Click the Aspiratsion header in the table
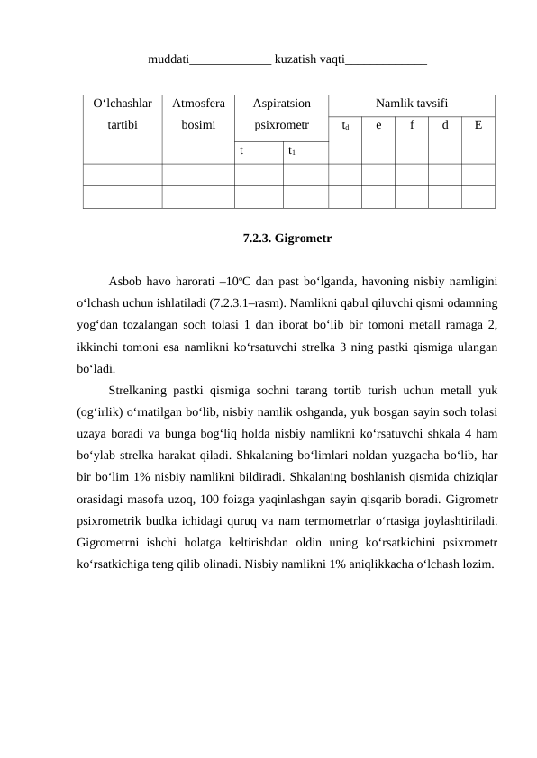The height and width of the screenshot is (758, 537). click(x=281, y=104)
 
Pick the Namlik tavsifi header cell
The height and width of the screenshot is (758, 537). click(x=412, y=104)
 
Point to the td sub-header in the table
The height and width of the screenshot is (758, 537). click(x=345, y=126)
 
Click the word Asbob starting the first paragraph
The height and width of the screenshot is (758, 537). click(x=124, y=280)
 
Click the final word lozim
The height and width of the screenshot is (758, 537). click(x=477, y=564)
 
